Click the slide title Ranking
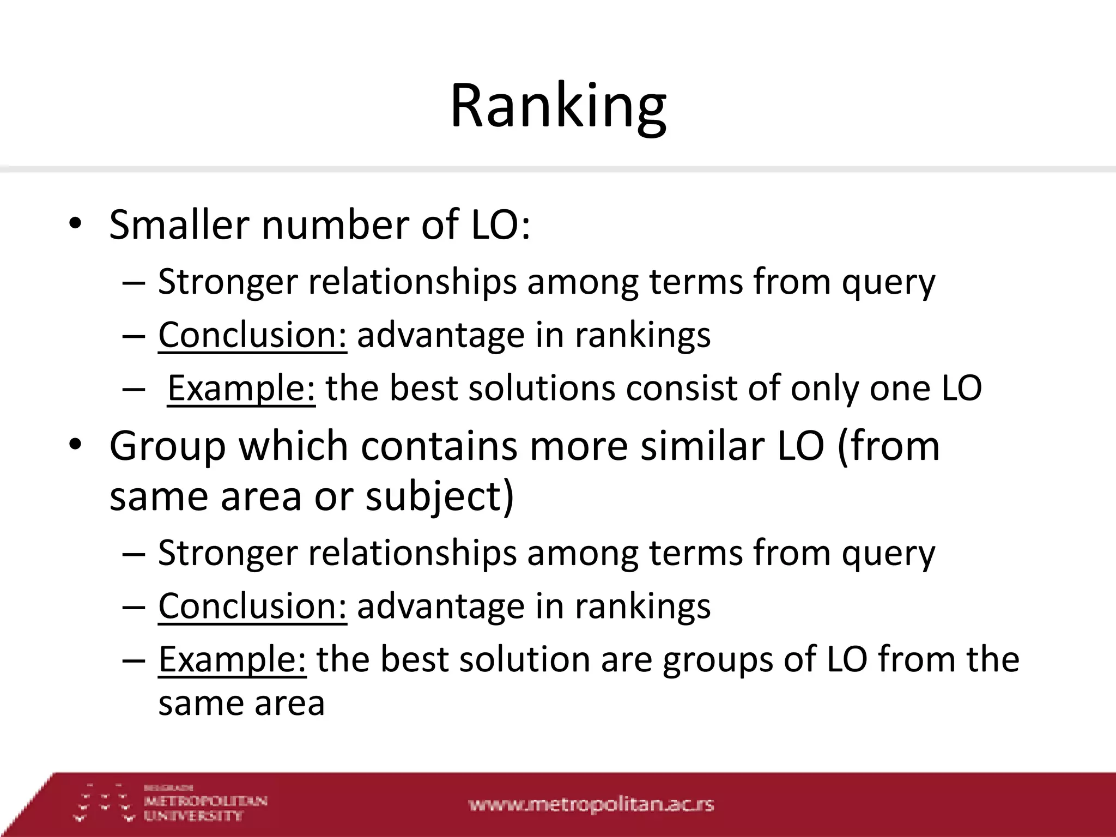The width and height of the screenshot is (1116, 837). coord(558,106)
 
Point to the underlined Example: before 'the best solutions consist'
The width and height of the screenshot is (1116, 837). coord(241,389)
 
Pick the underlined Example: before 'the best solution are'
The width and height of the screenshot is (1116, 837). coord(232,659)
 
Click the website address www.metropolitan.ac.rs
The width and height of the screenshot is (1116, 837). coord(591,804)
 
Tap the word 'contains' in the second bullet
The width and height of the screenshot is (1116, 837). coord(439,446)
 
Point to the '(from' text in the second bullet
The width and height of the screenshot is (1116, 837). coord(888,446)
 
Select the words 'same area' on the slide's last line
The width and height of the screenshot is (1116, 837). coord(241,703)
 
